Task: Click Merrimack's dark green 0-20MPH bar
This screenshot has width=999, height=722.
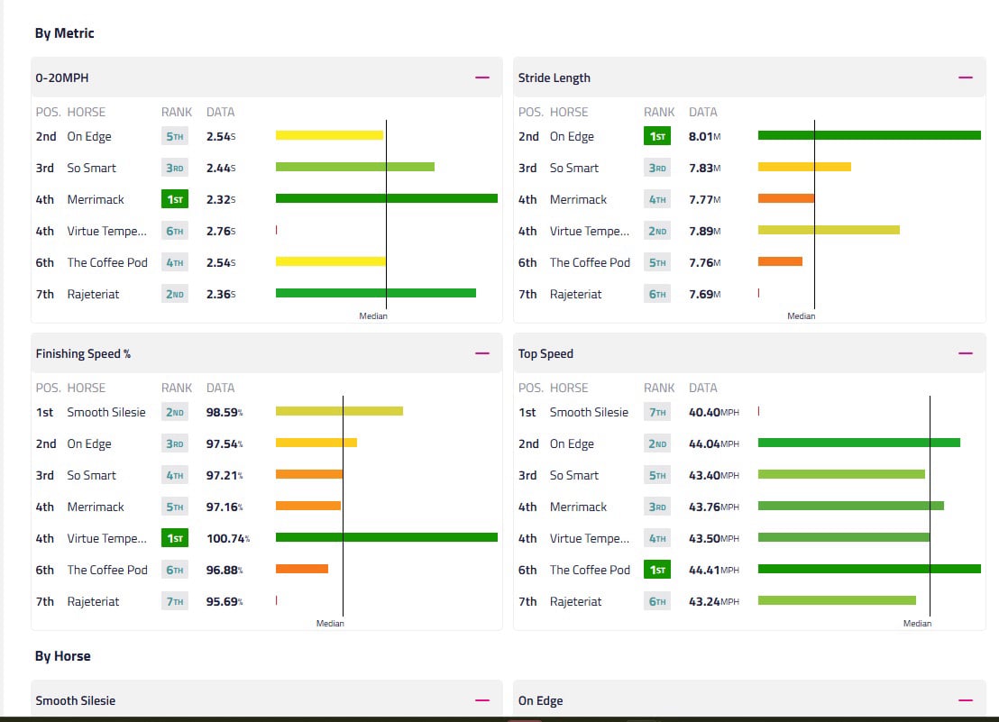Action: pos(386,198)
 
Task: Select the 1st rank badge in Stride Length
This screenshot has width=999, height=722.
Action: pos(656,137)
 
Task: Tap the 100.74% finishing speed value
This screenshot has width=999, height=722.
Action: pos(227,538)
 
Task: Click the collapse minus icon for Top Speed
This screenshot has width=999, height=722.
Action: pos(966,353)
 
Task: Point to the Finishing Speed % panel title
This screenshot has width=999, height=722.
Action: pos(83,353)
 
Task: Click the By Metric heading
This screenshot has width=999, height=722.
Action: pos(64,33)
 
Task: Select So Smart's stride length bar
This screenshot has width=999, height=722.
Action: pos(804,167)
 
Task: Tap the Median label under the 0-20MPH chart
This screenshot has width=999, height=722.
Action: pos(372,316)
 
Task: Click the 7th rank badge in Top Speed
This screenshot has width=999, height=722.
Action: pos(656,412)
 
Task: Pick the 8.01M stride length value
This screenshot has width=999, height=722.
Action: pos(704,137)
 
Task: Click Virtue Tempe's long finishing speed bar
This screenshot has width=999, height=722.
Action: pos(386,537)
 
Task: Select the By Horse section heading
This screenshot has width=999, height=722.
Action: pos(62,656)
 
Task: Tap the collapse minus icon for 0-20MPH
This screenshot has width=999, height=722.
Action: pos(482,78)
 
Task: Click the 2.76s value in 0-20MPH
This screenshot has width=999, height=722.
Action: pos(221,231)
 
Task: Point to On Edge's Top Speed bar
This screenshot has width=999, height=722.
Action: pos(858,443)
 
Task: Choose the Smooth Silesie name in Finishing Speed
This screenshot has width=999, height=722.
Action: pos(105,412)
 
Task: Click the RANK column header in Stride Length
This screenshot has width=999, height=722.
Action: pos(659,112)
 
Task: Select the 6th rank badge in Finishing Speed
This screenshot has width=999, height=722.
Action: pos(174,570)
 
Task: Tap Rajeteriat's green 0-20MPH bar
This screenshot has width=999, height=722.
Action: pos(375,293)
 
